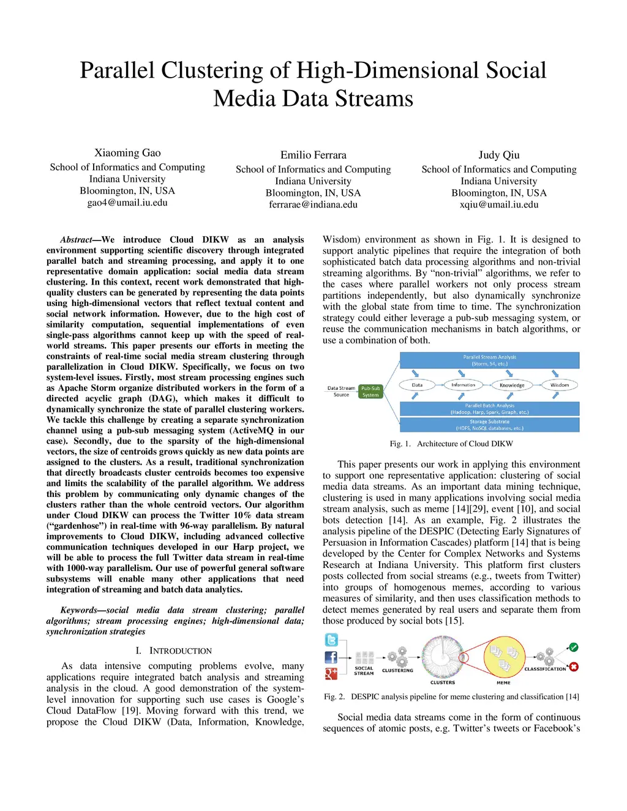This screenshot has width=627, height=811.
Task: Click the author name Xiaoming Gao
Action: click(x=127, y=153)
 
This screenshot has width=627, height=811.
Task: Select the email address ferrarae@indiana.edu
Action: click(x=313, y=204)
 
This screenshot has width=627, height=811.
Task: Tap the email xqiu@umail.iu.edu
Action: click(x=499, y=204)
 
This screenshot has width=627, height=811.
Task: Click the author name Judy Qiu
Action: click(x=499, y=155)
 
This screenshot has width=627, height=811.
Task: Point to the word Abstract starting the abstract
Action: click(x=77, y=240)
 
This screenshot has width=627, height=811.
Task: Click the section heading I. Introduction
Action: click(x=174, y=651)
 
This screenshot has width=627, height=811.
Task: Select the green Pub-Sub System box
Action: click(x=370, y=392)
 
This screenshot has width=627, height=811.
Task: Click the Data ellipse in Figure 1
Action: click(x=417, y=385)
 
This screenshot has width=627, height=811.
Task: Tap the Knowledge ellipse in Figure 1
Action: click(x=512, y=386)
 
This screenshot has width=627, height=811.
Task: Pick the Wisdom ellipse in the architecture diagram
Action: click(x=560, y=385)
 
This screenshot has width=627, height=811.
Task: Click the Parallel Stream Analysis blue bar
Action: click(x=489, y=360)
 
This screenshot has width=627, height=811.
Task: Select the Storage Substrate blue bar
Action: click(x=489, y=425)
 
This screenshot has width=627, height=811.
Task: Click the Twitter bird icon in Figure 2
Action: click(x=331, y=640)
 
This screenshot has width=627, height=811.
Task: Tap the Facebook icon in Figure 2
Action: click(x=331, y=657)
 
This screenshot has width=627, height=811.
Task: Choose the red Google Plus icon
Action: click(x=331, y=674)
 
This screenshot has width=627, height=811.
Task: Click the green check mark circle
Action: click(x=574, y=647)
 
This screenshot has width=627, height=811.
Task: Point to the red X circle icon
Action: click(x=574, y=667)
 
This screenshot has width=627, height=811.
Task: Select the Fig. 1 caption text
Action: click(x=451, y=444)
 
